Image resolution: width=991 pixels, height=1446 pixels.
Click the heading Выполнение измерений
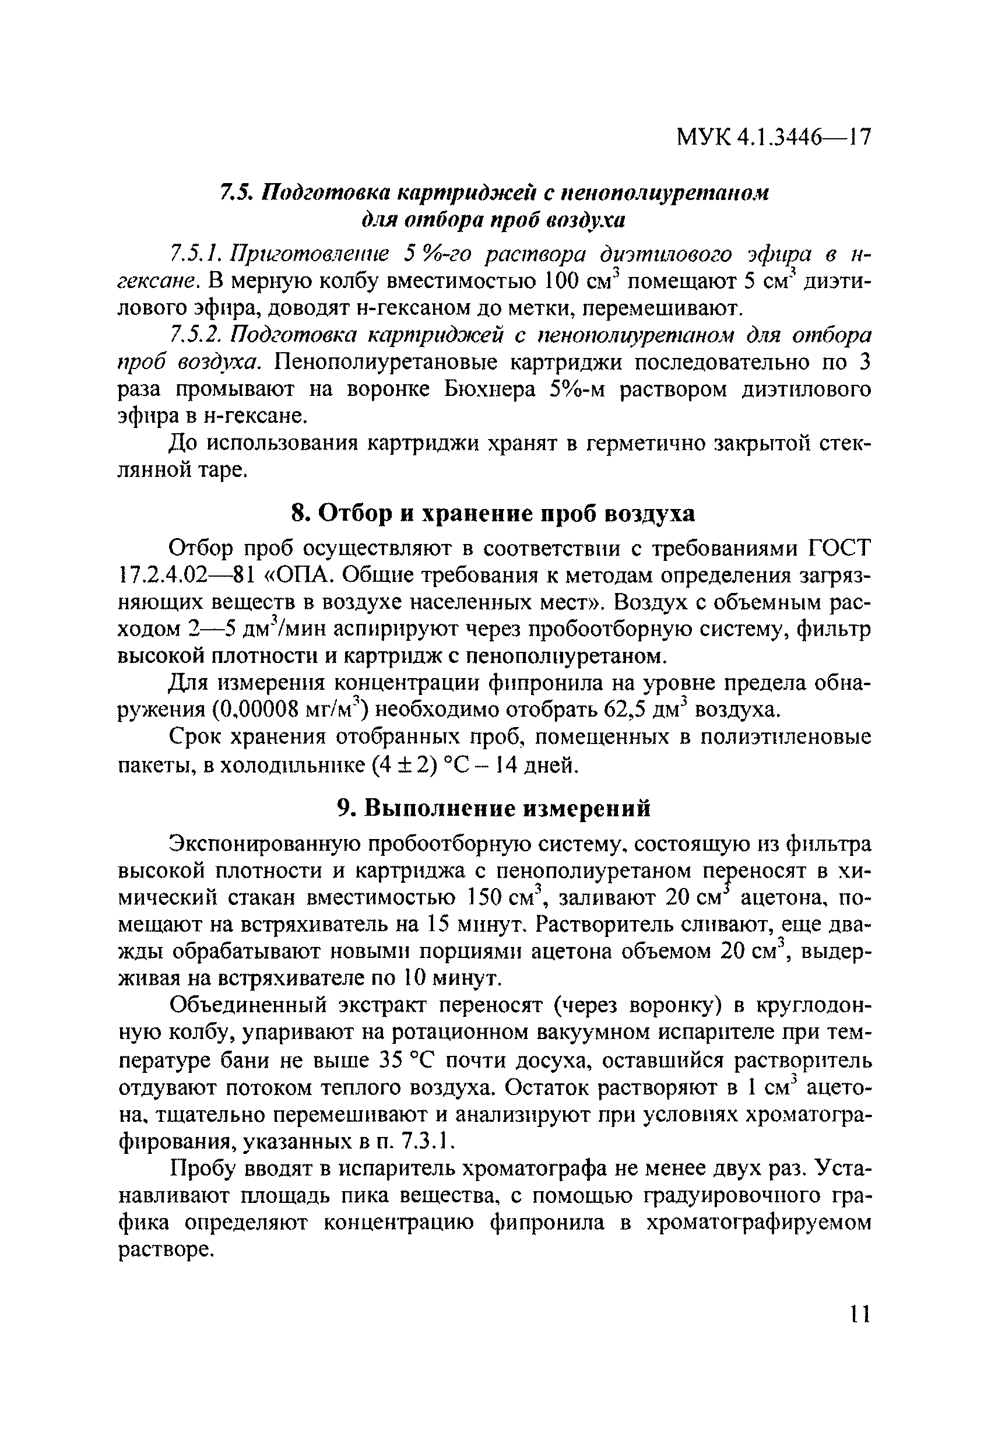point(508,808)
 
